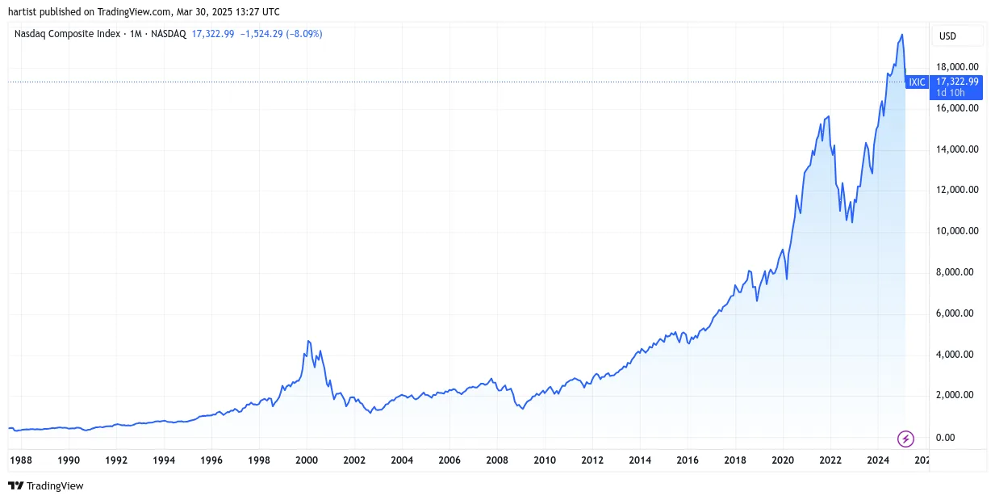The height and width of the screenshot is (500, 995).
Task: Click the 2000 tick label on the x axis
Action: coord(307,460)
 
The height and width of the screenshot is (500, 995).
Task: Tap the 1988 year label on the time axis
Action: coord(21,460)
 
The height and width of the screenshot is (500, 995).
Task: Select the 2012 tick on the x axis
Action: coord(592,460)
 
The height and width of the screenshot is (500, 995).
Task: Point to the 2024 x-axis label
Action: coord(878,460)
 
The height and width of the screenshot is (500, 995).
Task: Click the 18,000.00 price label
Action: coord(957,67)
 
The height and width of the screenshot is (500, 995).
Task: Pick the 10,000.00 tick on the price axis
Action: coord(957,231)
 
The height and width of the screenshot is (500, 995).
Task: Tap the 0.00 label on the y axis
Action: coord(945,438)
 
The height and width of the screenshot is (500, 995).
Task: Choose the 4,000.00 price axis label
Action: coord(955,355)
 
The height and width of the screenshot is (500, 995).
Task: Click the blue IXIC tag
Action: coord(917,82)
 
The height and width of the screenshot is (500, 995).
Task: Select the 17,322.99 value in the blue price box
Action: coord(957,82)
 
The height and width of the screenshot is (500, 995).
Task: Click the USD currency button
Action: coord(947,36)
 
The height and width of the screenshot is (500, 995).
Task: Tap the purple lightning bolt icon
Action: coord(905,439)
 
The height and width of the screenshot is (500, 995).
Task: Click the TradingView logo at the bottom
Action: coord(46,485)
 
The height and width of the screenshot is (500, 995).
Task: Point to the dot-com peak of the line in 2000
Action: coord(308,341)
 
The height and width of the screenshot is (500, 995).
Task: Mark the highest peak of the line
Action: coord(901,34)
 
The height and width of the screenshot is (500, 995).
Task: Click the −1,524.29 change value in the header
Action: coord(261,34)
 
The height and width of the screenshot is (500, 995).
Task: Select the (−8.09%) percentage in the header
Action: coord(304,34)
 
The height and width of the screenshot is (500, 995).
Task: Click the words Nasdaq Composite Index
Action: coord(67,34)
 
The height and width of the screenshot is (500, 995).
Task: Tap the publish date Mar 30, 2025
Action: coord(204,12)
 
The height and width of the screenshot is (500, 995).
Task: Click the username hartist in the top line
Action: coord(23,12)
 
